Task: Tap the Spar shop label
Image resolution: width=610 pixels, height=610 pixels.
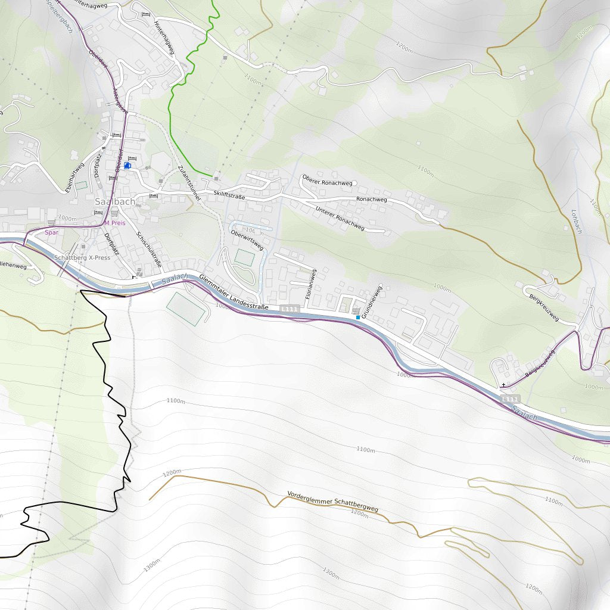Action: [52, 232]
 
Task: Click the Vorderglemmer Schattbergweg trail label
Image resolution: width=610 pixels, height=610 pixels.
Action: [332, 502]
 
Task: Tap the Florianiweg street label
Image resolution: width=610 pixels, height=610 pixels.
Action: [310, 284]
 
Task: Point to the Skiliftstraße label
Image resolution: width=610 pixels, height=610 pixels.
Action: [226, 194]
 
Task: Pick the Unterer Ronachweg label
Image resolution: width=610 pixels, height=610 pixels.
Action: [340, 218]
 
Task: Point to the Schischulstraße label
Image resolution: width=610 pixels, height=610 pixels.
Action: [150, 251]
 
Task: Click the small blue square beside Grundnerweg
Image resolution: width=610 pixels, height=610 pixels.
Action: [357, 318]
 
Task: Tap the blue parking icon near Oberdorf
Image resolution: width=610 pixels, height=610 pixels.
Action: [127, 166]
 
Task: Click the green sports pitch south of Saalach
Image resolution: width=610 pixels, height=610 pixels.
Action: [185, 308]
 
